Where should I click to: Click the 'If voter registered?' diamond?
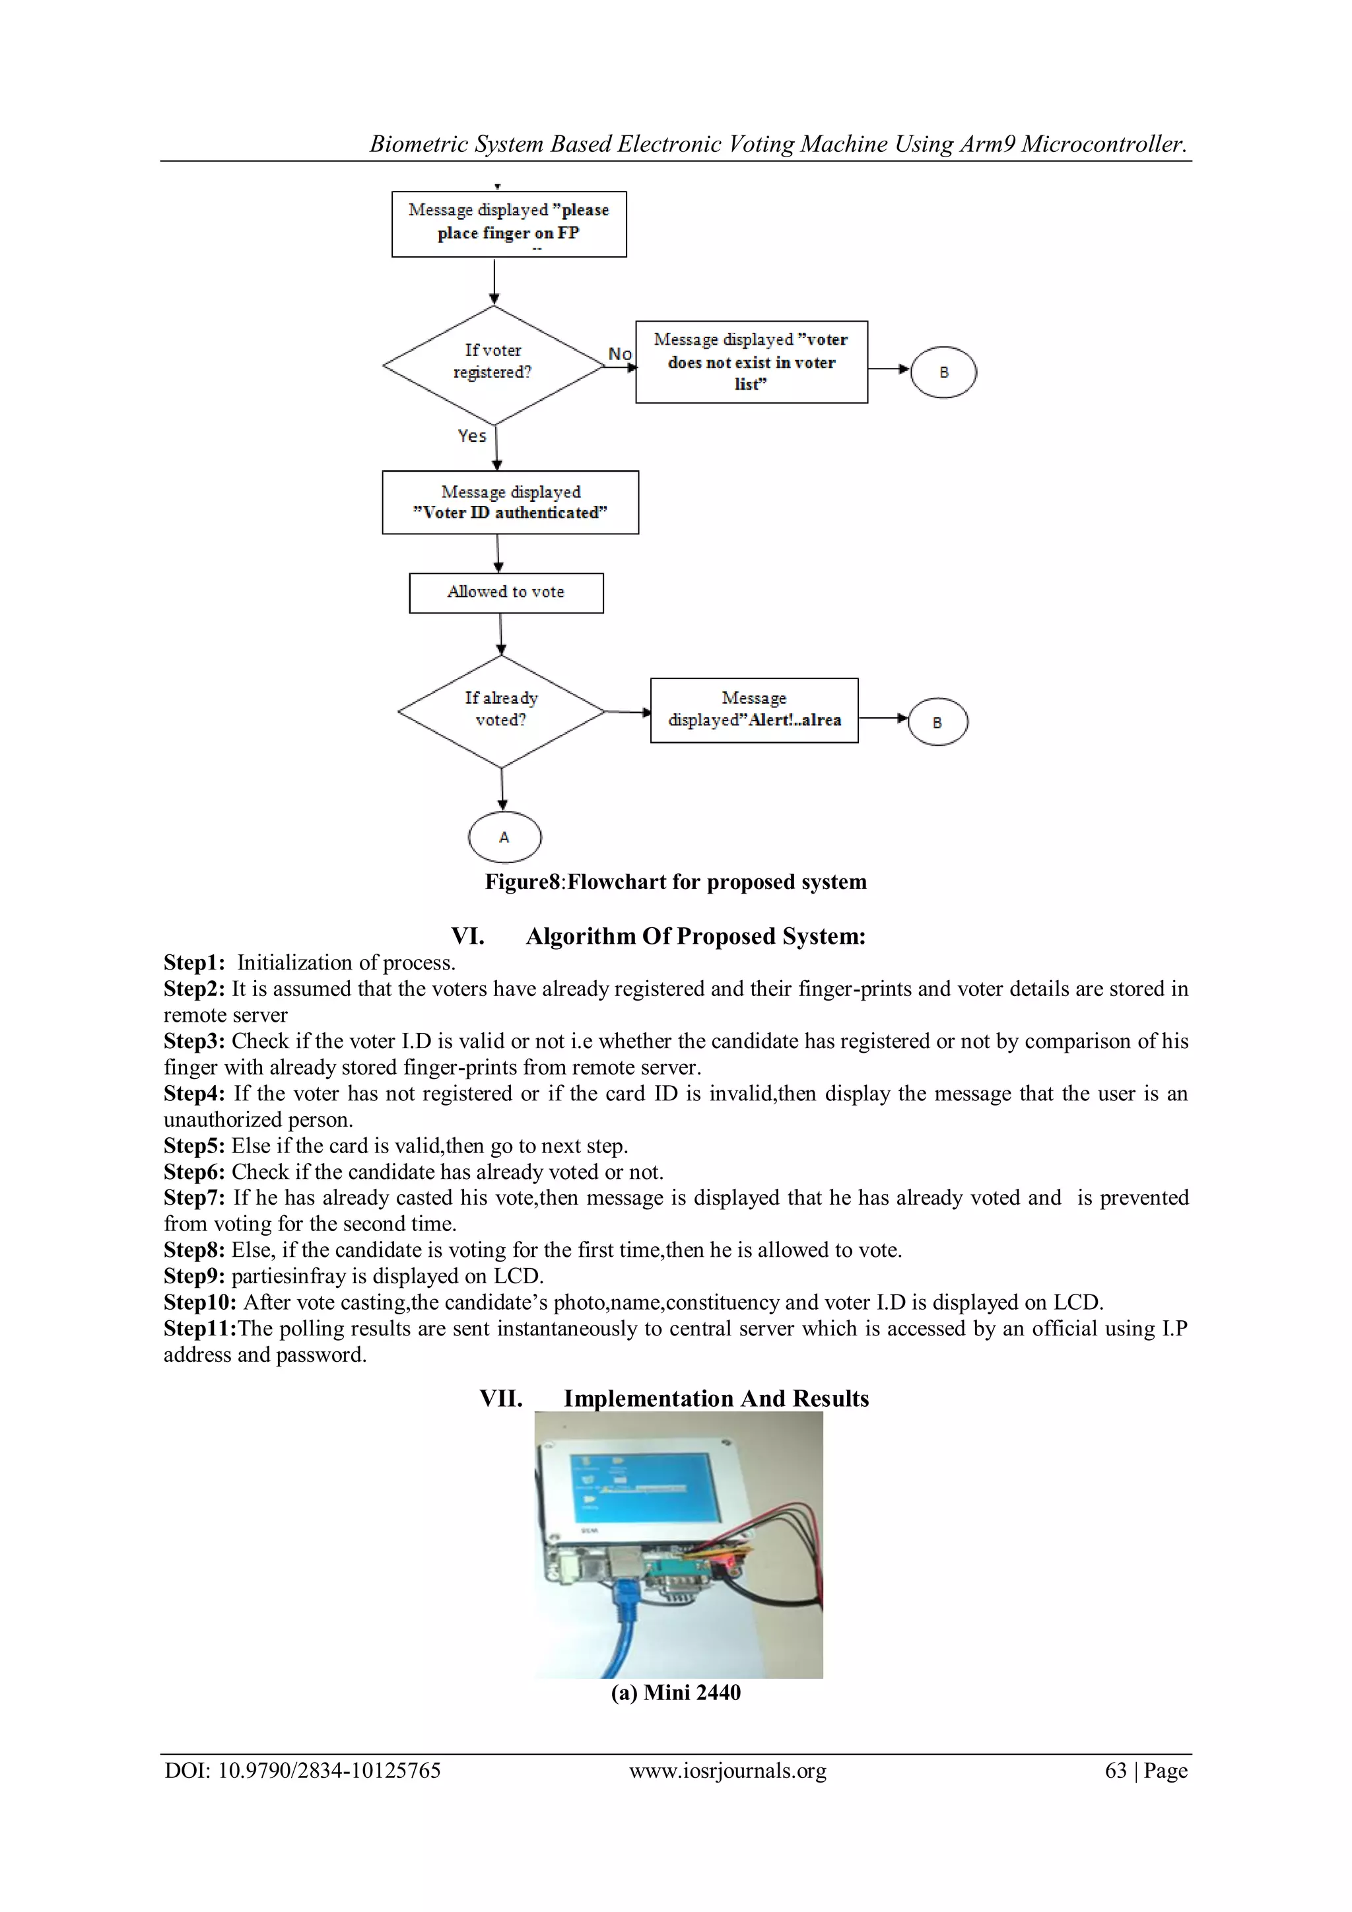[494, 364]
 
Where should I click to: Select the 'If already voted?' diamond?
[501, 711]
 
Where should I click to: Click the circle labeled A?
[504, 837]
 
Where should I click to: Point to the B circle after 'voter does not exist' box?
[943, 372]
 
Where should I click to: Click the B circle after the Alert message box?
[937, 722]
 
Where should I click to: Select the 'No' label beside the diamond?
[619, 354]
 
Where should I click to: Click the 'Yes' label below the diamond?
[472, 435]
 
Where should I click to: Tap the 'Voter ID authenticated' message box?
[510, 502]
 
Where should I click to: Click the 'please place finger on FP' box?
[509, 224]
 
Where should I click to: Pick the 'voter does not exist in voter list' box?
[751, 362]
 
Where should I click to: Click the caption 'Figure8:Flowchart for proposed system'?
[675, 882]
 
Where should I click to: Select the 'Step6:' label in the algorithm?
[194, 1172]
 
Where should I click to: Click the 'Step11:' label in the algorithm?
[200, 1328]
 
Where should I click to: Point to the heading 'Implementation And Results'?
[716, 1398]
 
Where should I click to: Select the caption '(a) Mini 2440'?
[675, 1692]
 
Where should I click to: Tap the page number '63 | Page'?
[1145, 1771]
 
